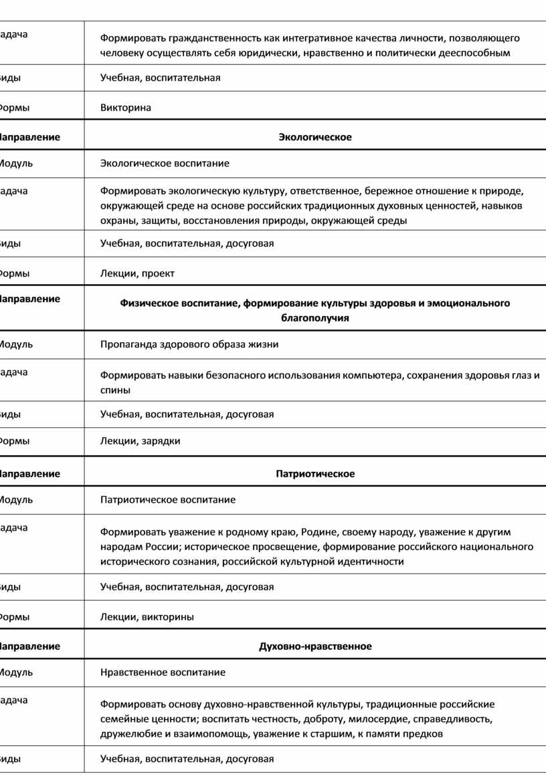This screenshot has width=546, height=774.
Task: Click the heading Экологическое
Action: [315, 137]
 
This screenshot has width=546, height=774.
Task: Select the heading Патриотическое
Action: [315, 474]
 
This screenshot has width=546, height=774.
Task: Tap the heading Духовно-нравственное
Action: [315, 646]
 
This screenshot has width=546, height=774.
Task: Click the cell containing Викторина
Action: [126, 108]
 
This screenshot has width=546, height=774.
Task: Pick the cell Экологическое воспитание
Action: [165, 163]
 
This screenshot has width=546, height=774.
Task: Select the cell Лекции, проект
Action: [137, 273]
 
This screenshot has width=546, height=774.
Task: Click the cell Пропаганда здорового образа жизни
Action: [189, 345]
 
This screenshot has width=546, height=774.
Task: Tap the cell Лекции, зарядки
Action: [140, 441]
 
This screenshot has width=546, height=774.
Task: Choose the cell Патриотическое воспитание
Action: [168, 499]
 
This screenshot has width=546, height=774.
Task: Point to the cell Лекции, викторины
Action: [147, 617]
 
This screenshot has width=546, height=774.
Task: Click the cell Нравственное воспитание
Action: [163, 672]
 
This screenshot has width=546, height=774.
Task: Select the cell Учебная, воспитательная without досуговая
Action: [160, 78]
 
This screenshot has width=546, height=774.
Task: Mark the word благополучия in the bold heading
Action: [315, 319]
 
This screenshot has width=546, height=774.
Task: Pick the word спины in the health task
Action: [115, 390]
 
